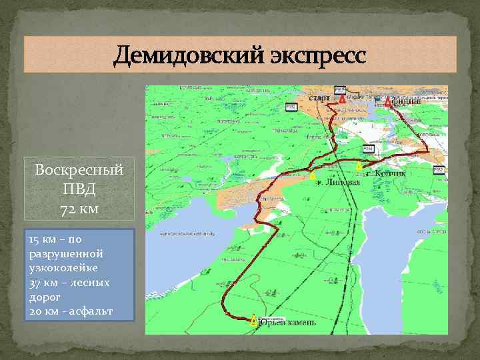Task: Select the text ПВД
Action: point(79,189)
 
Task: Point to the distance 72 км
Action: point(79,209)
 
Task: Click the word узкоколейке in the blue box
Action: point(63,268)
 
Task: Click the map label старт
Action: point(319,99)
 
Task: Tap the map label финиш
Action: point(407,102)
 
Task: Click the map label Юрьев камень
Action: point(287,323)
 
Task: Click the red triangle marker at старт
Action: point(342,99)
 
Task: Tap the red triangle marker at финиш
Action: point(388,101)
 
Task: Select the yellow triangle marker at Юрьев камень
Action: point(253,320)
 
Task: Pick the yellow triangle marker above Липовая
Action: point(311,175)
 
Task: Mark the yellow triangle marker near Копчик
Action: point(359,165)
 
